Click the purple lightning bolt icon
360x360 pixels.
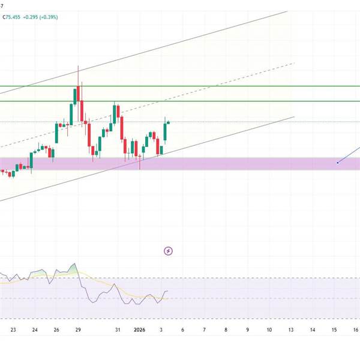click(x=169, y=251)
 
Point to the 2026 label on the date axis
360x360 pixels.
click(x=139, y=330)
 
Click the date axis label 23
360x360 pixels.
click(x=13, y=330)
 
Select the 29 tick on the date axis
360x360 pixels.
click(x=78, y=330)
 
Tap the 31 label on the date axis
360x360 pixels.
click(x=118, y=330)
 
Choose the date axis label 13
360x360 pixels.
click(x=291, y=330)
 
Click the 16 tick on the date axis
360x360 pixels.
click(x=356, y=330)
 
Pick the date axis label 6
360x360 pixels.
click(x=183, y=330)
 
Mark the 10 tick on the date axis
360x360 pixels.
click(x=269, y=330)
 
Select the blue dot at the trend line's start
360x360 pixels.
click(x=338, y=162)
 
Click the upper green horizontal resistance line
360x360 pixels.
click(x=180, y=86)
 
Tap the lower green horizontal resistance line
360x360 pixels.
click(x=180, y=101)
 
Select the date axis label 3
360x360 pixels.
click(x=161, y=330)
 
